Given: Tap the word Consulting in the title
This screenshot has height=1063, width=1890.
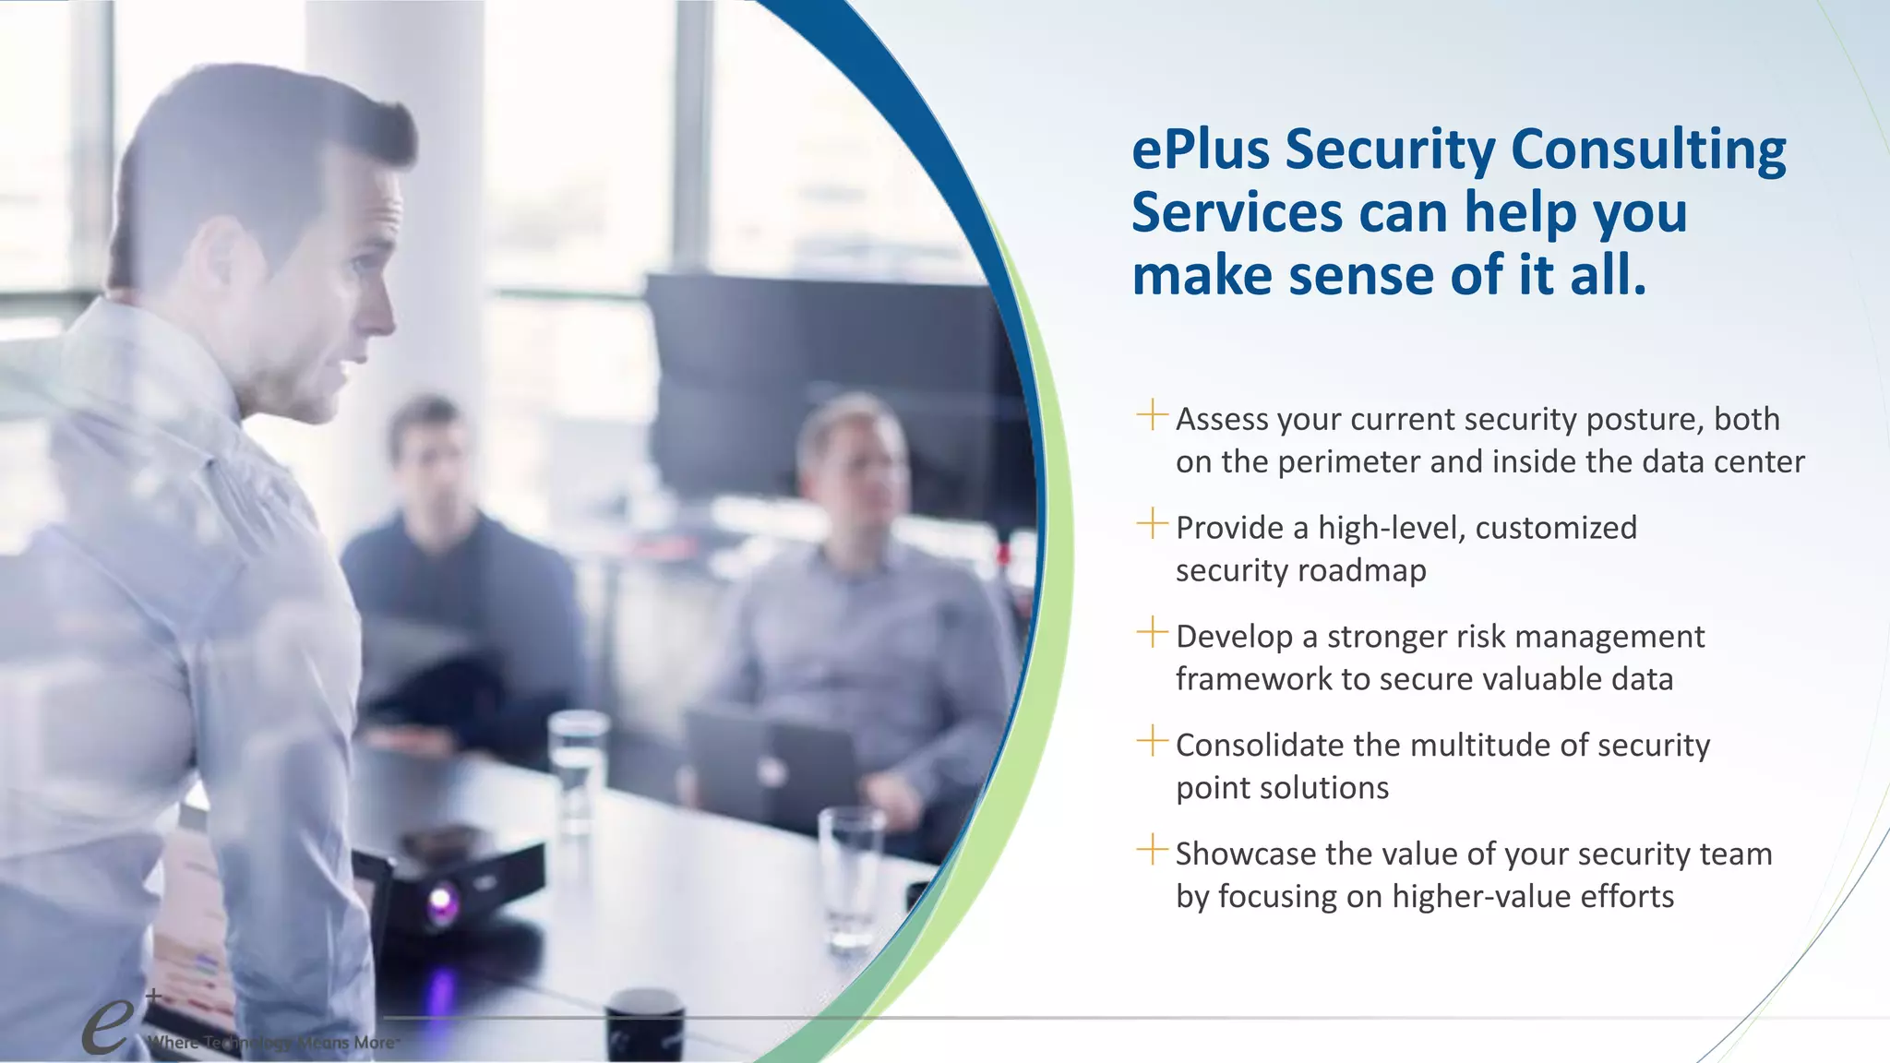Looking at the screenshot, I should click(x=1648, y=150).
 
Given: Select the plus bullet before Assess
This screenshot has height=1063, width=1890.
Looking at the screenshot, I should click(x=1152, y=414).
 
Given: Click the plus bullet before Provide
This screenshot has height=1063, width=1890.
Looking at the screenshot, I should click(x=1152, y=523).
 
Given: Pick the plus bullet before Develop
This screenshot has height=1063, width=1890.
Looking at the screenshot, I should click(x=1152, y=632).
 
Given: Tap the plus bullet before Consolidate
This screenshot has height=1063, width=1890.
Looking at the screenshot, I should click(x=1152, y=740).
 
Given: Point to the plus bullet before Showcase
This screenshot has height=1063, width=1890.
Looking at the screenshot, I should click(x=1152, y=849).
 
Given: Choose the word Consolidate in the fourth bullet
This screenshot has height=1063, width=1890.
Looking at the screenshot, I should click(x=1260, y=746).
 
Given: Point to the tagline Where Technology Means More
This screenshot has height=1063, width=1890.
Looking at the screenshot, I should click(x=273, y=1043).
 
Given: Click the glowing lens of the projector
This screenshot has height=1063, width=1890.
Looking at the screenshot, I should click(x=441, y=901).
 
